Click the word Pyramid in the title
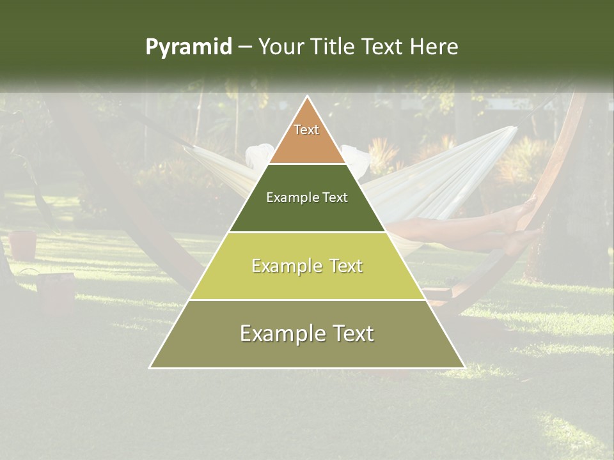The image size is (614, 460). tap(188, 47)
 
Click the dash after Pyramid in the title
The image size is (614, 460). tap(244, 47)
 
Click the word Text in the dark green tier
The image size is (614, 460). tap(335, 197)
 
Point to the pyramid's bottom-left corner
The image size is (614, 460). tap(150, 367)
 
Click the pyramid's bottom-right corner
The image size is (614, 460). tap(464, 367)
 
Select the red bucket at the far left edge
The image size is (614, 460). tap(23, 244)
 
